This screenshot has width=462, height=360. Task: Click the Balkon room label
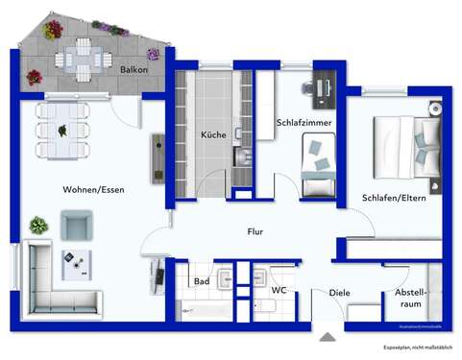134,70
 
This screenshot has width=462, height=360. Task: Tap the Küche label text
213,135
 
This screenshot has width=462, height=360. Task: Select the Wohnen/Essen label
93,189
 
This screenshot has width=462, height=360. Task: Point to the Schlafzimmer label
304,123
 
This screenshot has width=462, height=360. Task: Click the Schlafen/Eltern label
394,198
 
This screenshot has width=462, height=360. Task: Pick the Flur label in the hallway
255,231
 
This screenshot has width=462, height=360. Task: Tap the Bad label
202,282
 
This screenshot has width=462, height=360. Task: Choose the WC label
279,289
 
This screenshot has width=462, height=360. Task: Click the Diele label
339,293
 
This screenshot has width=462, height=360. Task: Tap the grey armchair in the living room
77,226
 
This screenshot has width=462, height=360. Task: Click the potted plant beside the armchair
37,226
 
